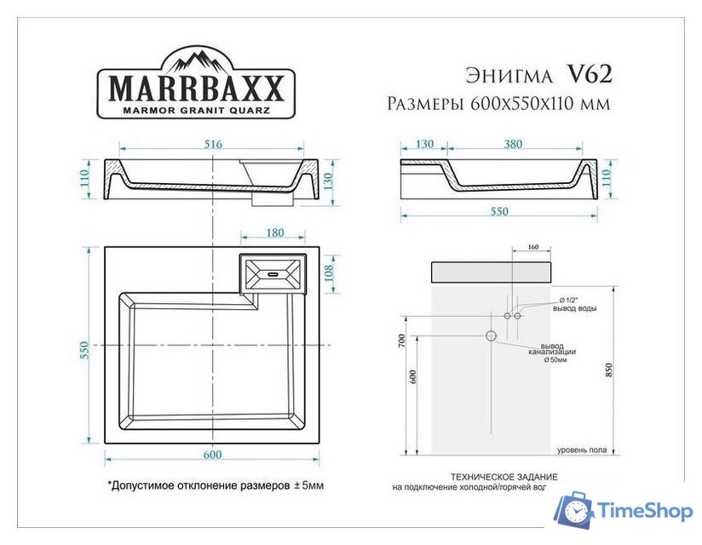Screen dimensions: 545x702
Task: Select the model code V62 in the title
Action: pyautogui.click(x=589, y=75)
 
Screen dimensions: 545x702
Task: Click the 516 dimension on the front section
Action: pyautogui.click(x=213, y=145)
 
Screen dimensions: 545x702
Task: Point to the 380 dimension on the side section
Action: pyautogui.click(x=513, y=145)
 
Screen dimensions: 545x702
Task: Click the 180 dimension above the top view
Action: pyautogui.click(x=275, y=233)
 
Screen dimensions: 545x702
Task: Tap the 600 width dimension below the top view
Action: pyautogui.click(x=212, y=455)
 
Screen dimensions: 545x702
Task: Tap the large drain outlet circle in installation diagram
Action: pyautogui.click(x=492, y=336)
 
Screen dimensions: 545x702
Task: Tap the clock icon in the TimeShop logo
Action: pyautogui.click(x=577, y=512)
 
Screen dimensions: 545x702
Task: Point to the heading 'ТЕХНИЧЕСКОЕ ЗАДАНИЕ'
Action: pyautogui.click(x=504, y=477)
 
